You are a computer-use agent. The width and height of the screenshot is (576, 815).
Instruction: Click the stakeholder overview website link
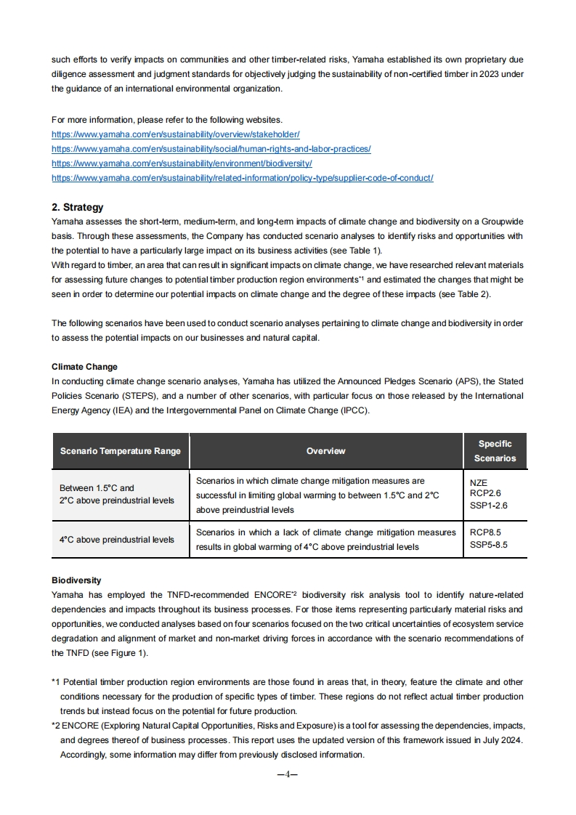(175, 134)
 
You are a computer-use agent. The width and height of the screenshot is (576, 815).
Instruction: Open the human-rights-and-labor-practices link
(211, 149)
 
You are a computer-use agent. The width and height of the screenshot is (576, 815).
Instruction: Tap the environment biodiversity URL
(182, 163)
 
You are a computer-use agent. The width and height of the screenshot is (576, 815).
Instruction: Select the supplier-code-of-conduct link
(242, 178)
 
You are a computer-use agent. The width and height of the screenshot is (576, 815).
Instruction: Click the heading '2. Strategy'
(78, 207)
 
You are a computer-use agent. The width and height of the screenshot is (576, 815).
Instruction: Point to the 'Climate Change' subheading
(84, 367)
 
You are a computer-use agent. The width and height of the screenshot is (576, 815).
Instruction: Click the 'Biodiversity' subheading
(76, 580)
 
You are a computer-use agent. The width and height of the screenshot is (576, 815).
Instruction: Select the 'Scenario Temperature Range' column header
(120, 451)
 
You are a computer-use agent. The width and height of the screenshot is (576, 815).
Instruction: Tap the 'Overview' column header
(325, 451)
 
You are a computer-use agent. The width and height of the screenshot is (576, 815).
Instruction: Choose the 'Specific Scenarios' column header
(495, 451)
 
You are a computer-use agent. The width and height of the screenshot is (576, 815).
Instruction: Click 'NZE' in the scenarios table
(479, 483)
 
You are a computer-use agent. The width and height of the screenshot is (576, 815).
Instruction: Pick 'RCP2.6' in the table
(485, 493)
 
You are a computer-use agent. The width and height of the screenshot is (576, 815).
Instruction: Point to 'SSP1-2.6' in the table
(489, 505)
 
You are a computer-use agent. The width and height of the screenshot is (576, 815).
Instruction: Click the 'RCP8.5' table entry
(485, 532)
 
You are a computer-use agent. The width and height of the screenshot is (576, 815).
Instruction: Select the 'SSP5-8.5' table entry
(489, 544)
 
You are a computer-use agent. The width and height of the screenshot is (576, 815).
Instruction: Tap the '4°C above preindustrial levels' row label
(117, 539)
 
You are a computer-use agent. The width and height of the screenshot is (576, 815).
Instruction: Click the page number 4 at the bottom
(288, 774)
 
